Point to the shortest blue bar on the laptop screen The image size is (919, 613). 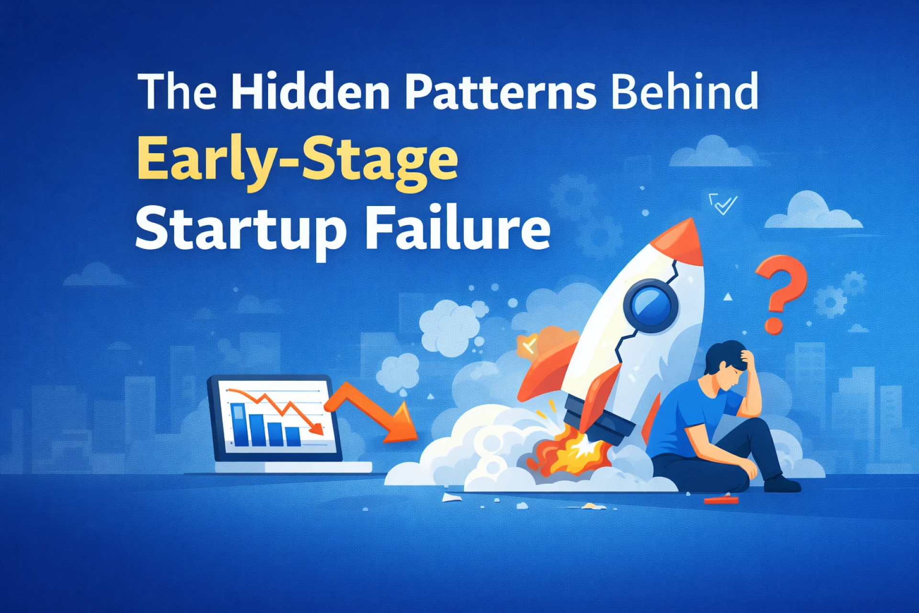[x=293, y=435]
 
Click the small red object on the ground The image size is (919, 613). [x=720, y=500]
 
